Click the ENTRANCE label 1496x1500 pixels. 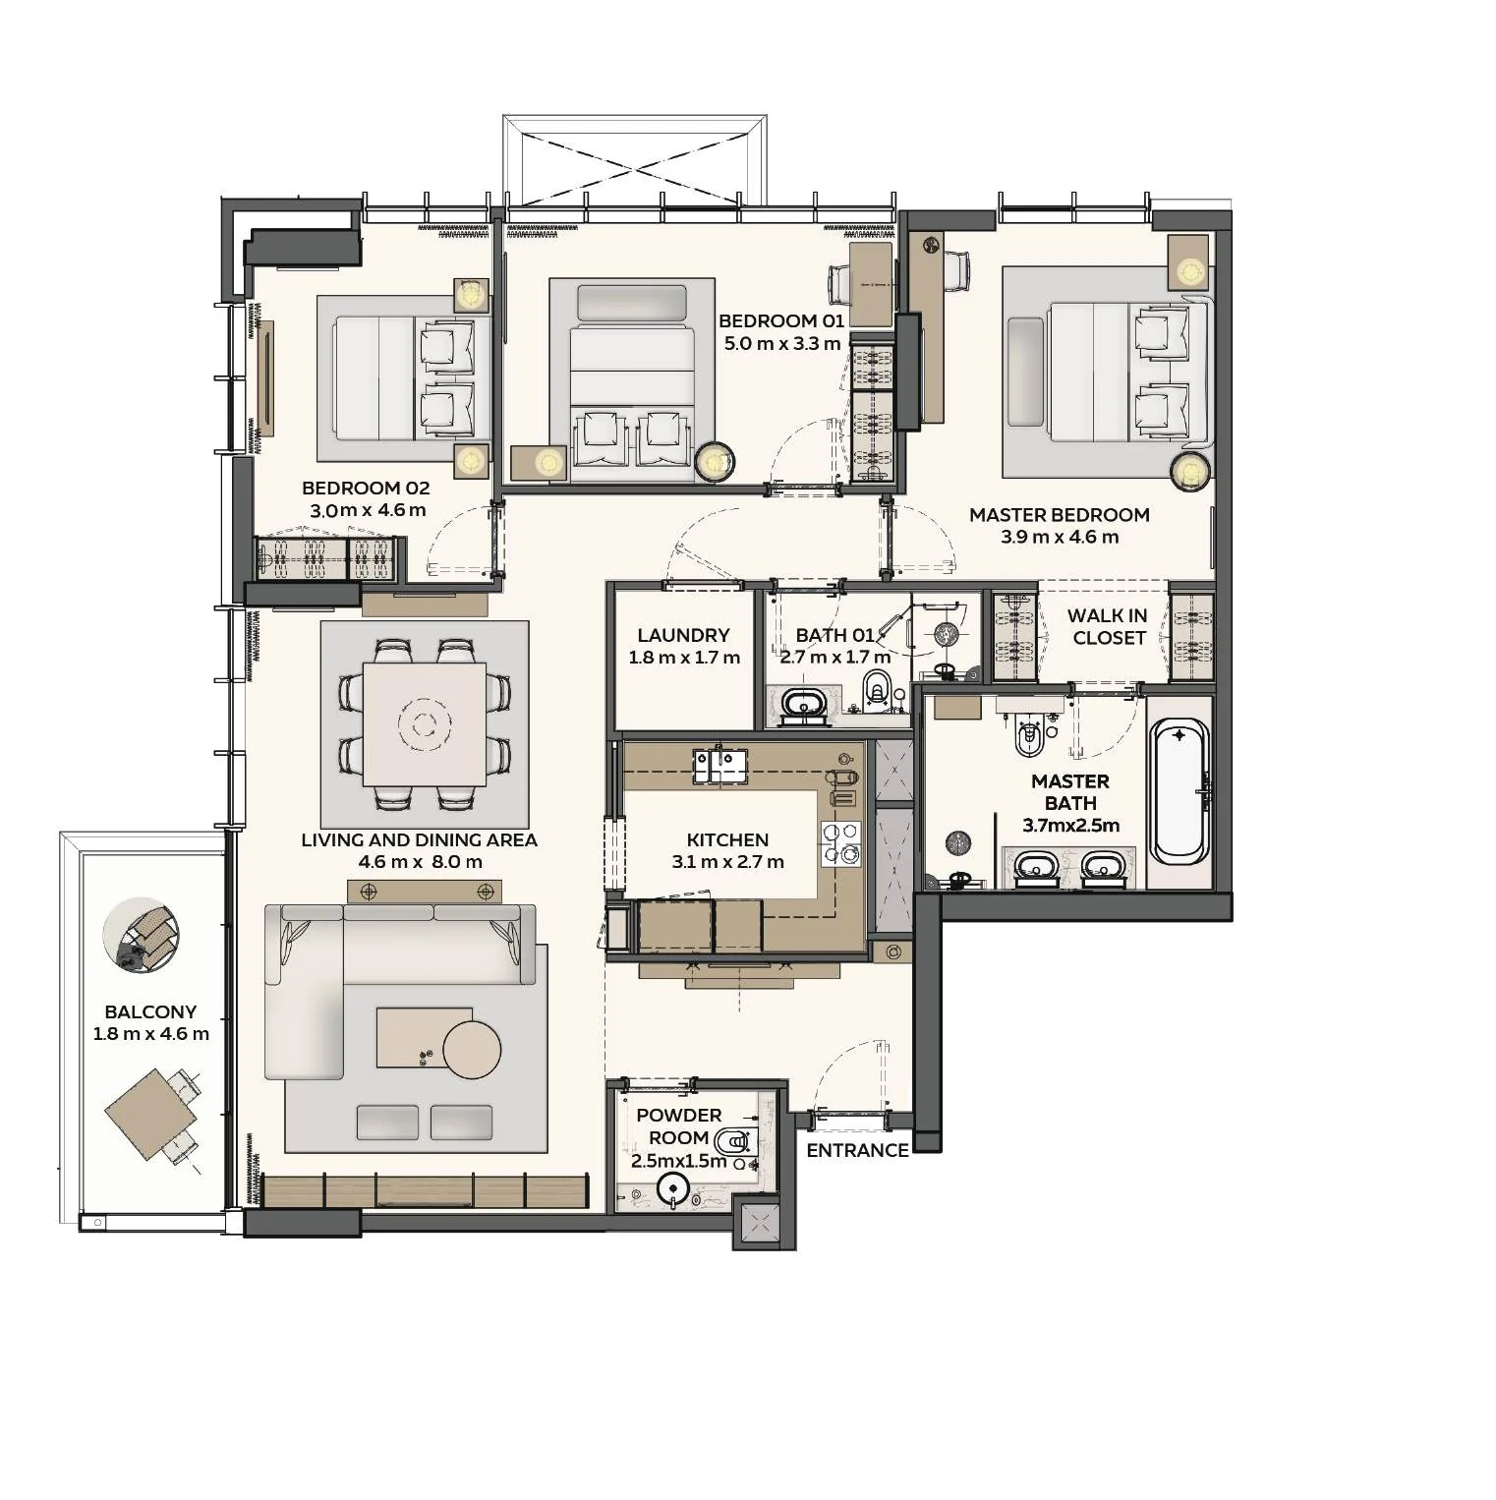click(x=857, y=1150)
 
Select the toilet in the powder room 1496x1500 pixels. click(x=732, y=1141)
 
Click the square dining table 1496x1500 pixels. click(x=425, y=724)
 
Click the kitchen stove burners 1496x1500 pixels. click(x=841, y=843)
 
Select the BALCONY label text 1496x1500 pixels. click(x=150, y=1011)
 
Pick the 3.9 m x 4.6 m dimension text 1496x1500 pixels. click(x=1060, y=537)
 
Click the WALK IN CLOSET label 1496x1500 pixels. click(x=1108, y=626)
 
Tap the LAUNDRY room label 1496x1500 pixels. click(x=683, y=635)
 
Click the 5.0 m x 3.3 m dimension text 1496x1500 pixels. click(x=782, y=343)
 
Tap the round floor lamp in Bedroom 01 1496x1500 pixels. click(x=715, y=461)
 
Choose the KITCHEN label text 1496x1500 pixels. click(x=727, y=839)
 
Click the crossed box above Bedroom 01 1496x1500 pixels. click(x=634, y=161)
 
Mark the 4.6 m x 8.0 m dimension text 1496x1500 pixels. click(x=421, y=862)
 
